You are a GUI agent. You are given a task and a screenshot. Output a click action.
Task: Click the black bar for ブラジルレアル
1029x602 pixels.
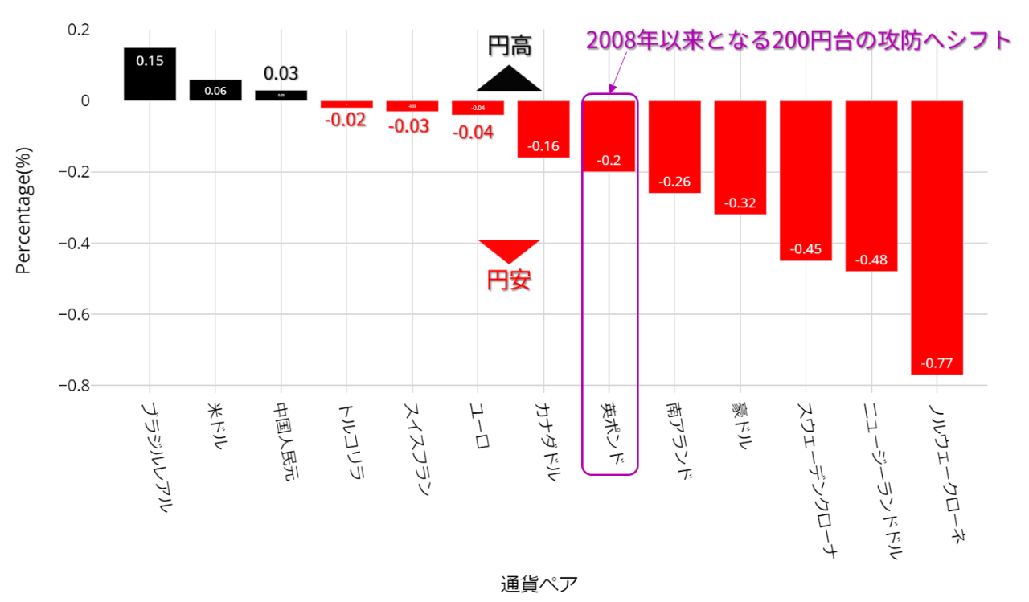coord(150,74)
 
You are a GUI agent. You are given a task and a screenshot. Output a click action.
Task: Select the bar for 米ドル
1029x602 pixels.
coord(215,90)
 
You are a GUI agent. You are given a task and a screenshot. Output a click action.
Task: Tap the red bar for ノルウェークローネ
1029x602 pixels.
coord(937,237)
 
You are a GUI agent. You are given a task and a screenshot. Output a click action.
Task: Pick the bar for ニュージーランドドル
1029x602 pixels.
coord(871,186)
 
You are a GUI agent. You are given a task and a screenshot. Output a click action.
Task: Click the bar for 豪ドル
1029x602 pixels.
coord(740,158)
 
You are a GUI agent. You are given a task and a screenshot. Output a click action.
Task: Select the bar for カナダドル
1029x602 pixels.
coord(543,129)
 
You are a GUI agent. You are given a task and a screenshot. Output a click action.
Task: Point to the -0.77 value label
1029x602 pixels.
coord(937,363)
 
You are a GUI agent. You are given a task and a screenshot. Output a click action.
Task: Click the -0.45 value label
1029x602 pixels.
coord(806,249)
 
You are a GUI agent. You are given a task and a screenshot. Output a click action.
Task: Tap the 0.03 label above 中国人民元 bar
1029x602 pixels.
coord(281,74)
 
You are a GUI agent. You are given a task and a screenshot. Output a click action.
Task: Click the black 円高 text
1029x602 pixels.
coord(510,46)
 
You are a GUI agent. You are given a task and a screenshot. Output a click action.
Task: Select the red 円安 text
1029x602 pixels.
coord(510,281)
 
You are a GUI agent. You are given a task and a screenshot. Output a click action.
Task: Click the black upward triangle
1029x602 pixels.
coord(509,79)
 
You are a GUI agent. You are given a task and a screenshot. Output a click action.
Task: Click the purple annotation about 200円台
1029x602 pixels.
coord(797,40)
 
